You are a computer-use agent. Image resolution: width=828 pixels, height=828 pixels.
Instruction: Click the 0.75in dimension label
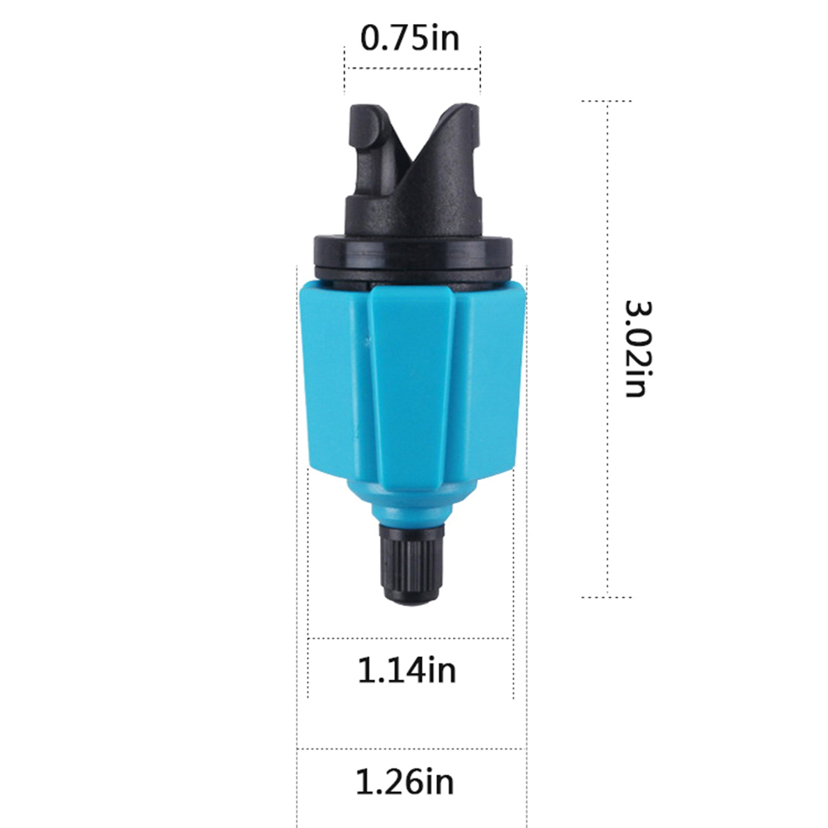[410, 39]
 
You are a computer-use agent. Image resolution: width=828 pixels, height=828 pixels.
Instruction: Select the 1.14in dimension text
[407, 670]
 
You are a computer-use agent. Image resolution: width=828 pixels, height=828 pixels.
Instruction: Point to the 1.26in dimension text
[404, 782]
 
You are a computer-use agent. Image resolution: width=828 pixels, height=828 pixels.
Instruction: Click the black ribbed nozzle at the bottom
[412, 563]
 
